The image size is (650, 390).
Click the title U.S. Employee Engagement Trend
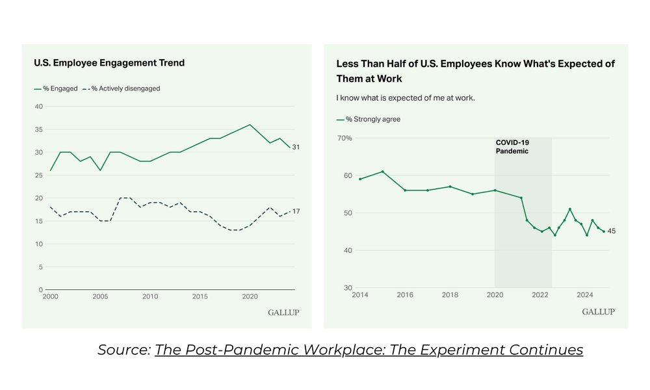pyautogui.click(x=109, y=63)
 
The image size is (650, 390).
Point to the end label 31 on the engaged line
pyautogui.click(x=296, y=148)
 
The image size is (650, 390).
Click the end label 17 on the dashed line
pyautogui.click(x=296, y=211)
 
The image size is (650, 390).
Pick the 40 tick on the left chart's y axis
pyautogui.click(x=38, y=107)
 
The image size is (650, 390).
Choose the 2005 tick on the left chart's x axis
pyautogui.click(x=100, y=296)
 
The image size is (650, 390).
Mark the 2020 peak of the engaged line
pyautogui.click(x=250, y=125)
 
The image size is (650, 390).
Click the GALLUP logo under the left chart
pyautogui.click(x=283, y=312)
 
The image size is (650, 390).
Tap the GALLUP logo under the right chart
pyautogui.click(x=598, y=312)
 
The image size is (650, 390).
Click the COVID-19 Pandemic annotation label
pyautogui.click(x=512, y=146)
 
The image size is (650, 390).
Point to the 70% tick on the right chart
pyautogui.click(x=344, y=138)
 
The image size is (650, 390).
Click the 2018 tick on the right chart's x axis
pyautogui.click(x=450, y=294)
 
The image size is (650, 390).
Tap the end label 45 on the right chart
pyautogui.click(x=612, y=231)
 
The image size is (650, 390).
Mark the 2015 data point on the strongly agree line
pyautogui.click(x=383, y=172)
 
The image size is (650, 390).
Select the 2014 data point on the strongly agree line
pyautogui.click(x=360, y=179)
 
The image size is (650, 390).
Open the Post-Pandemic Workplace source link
pyautogui.click(x=369, y=350)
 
